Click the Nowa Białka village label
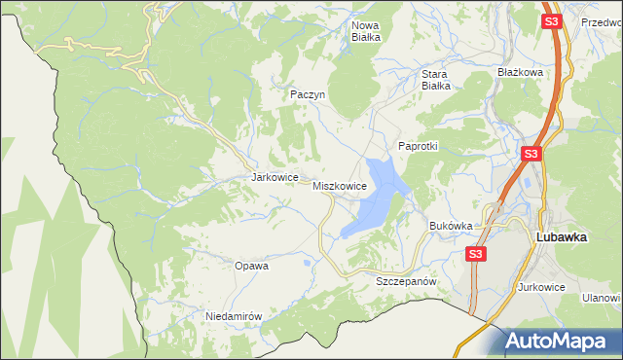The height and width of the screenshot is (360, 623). click(365, 31)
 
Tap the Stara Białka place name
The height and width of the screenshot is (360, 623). click(433, 79)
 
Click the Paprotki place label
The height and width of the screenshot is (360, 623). click(419, 146)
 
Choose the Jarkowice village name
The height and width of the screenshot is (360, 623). click(274, 178)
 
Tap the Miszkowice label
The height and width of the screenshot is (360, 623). click(340, 185)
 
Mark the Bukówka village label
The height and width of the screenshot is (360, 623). click(451, 226)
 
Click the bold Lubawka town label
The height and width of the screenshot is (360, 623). click(566, 236)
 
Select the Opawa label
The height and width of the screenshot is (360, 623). click(251, 265)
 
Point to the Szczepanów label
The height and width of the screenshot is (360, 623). click(403, 280)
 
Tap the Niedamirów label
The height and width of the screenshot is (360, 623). click(235, 316)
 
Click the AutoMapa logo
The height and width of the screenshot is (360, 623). click(561, 342)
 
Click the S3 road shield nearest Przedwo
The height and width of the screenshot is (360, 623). click(552, 20)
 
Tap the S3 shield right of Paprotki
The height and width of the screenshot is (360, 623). click(531, 154)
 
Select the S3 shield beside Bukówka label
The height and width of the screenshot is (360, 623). click(475, 255)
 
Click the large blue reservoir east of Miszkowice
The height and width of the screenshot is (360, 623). click(375, 199)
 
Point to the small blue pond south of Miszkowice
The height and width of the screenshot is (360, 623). click(308, 262)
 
